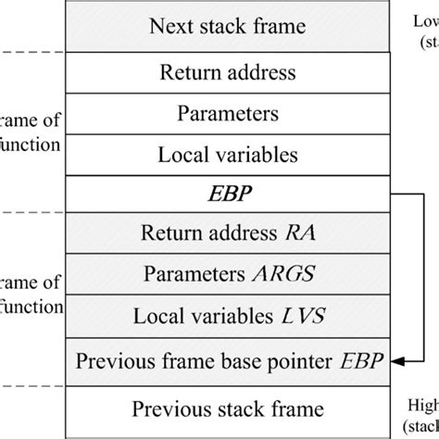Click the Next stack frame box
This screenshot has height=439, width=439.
tap(228, 25)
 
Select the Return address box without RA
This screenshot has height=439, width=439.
tap(228, 70)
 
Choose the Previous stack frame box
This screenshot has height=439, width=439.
tap(228, 408)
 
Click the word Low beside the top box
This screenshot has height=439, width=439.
tap(422, 20)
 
